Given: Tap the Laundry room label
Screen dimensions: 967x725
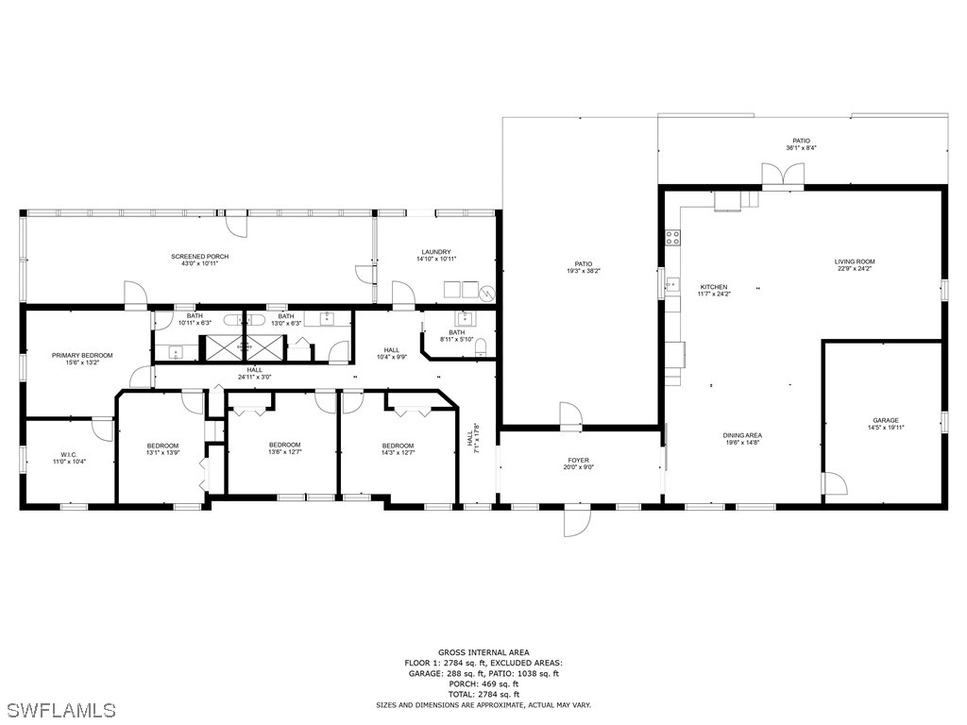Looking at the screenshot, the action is pos(436,252).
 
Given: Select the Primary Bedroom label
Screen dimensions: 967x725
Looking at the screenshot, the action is pos(82,356).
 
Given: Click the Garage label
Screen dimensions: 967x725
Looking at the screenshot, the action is pos(886,420).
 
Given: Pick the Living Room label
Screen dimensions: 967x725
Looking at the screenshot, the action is pos(855,262).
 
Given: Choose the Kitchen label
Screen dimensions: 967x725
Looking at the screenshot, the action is pos(714,287).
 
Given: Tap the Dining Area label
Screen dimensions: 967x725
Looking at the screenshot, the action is pos(742,435).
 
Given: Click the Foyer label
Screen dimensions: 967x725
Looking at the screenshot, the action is pos(579,461).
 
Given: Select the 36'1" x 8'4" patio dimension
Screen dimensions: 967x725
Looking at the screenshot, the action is pos(802,148).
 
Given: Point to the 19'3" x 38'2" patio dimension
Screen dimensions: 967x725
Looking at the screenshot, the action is pos(584,271).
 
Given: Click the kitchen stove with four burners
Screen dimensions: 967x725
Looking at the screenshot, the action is pos(672,237).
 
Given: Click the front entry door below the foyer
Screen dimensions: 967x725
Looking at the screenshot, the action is pos(577,520).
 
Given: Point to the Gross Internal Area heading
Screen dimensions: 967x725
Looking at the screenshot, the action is pos(483,652).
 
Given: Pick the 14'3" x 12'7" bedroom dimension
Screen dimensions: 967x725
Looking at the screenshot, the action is pos(398,452).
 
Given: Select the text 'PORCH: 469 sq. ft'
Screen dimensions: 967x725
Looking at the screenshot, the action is pos(483,683).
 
